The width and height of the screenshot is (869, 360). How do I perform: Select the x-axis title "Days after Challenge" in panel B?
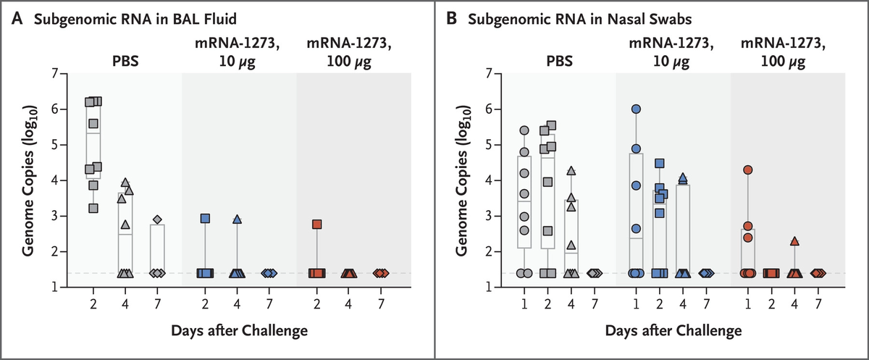click(673, 331)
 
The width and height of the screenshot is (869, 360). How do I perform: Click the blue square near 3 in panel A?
click(205, 218)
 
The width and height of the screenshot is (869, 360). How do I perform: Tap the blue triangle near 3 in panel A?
click(237, 219)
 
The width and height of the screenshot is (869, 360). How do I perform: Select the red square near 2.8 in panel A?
click(317, 225)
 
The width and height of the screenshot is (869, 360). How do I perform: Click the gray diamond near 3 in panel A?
click(157, 219)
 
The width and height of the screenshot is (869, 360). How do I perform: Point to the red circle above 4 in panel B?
click(748, 169)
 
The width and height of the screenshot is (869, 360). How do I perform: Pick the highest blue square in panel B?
click(659, 164)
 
